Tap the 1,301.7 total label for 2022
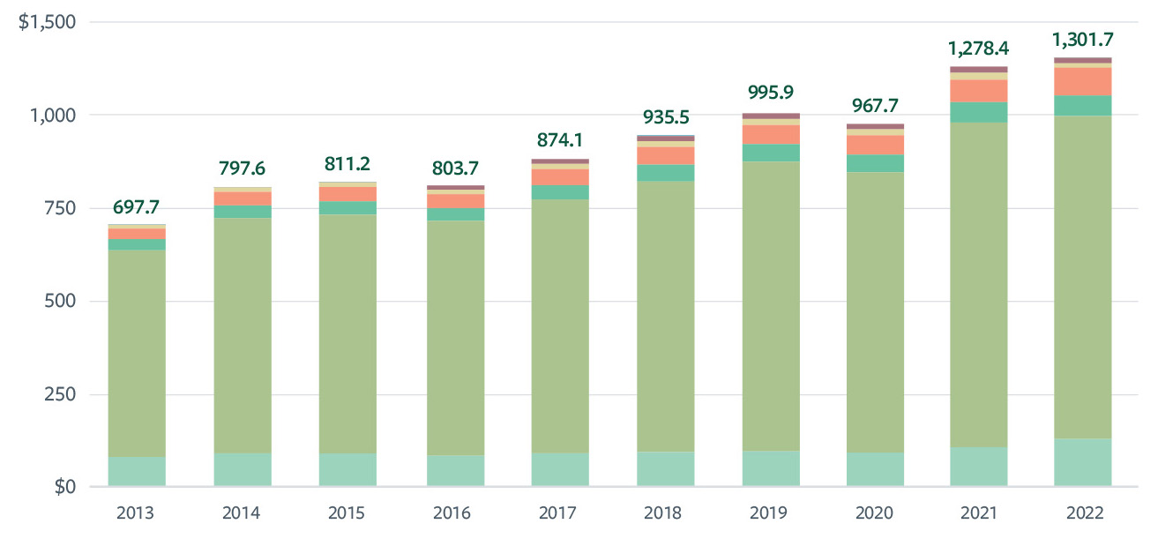[x=1082, y=40]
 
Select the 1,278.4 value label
[x=978, y=48]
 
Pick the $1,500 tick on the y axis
[x=47, y=21]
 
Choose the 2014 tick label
[x=243, y=513]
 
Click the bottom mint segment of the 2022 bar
[x=1082, y=462]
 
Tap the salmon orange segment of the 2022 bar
[x=1082, y=81]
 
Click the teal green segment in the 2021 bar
[x=978, y=112]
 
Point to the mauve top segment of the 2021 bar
[x=978, y=69]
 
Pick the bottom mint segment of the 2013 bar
[x=137, y=471]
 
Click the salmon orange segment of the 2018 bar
[x=665, y=155]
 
